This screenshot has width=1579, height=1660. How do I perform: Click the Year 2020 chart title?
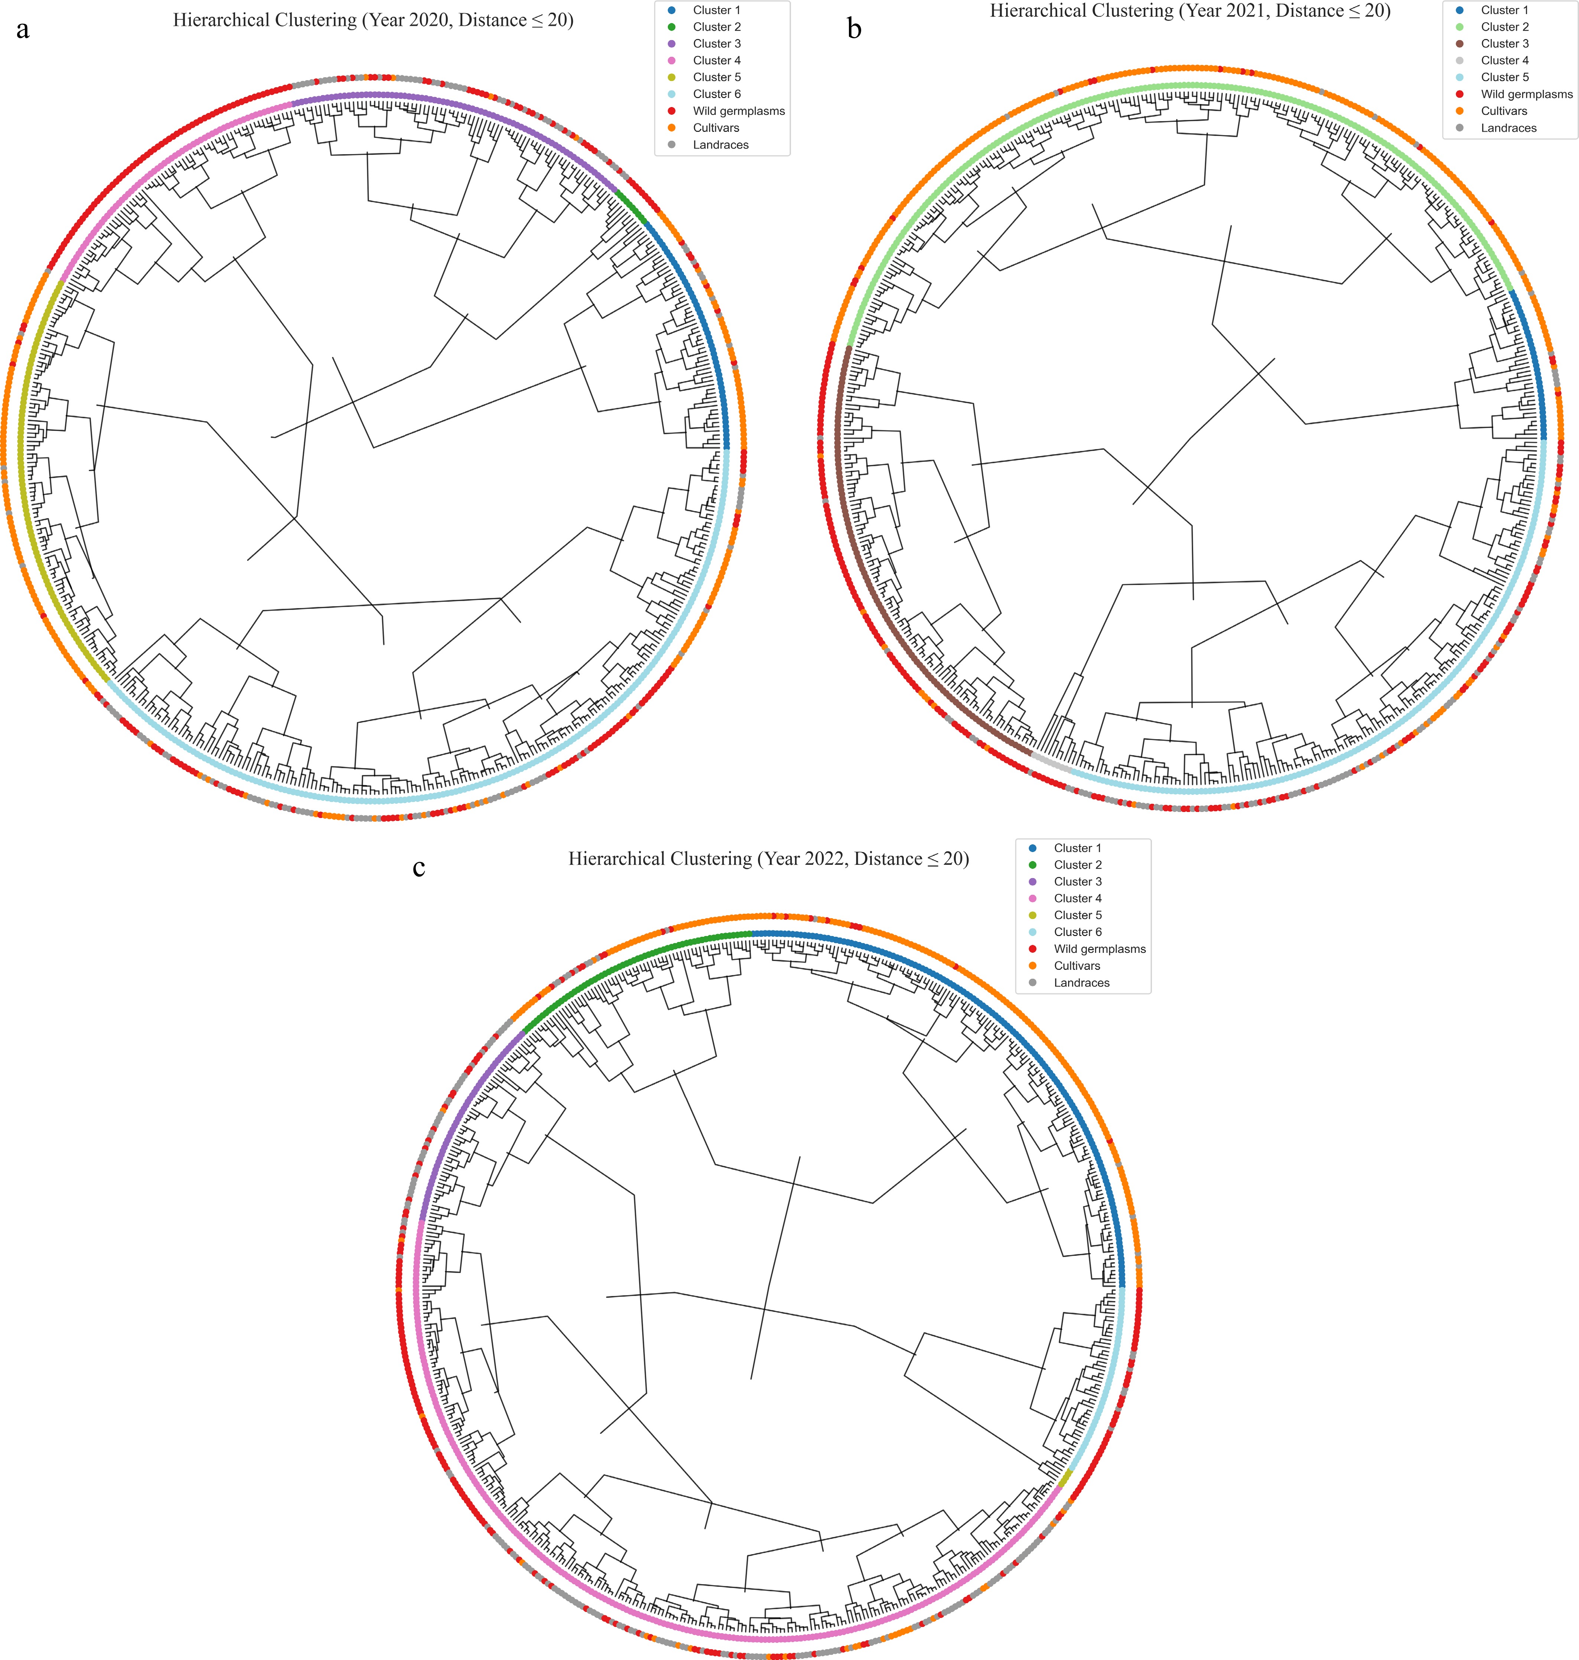click(373, 20)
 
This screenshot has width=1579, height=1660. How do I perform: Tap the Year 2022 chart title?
click(768, 859)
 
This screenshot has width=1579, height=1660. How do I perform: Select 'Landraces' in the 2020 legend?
click(720, 145)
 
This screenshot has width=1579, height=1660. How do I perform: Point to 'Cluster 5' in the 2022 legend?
click(1077, 915)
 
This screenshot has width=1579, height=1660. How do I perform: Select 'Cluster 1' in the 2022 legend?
click(1077, 848)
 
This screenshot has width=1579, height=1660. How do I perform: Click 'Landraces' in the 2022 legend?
click(1081, 982)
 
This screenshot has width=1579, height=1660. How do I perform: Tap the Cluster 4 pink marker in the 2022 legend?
click(1033, 898)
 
